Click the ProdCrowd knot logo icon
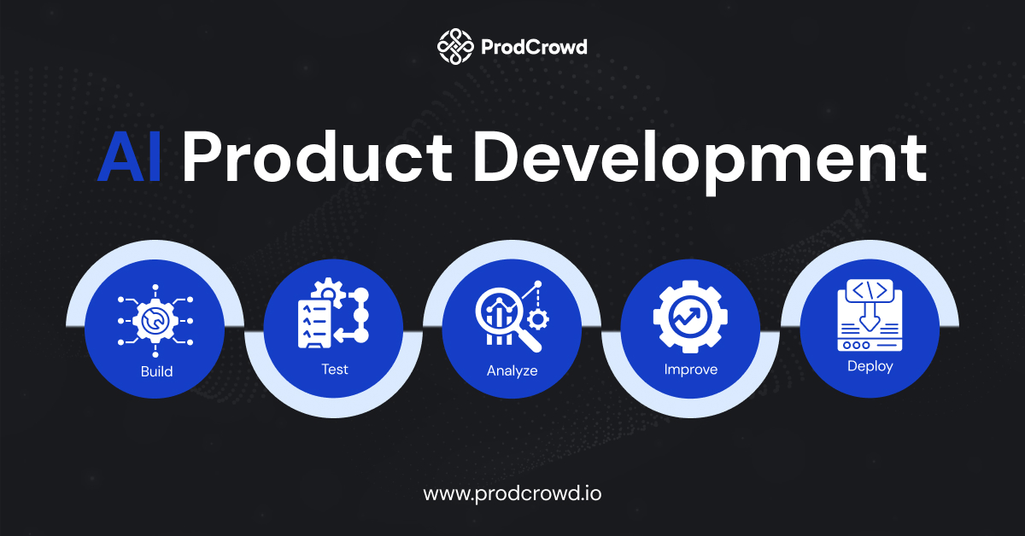(454, 46)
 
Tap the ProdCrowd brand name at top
(534, 47)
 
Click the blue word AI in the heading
(130, 157)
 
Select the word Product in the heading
(318, 157)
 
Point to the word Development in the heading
(700, 161)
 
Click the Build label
(156, 371)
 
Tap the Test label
(335, 369)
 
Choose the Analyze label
(512, 370)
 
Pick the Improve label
(690, 370)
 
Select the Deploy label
(870, 366)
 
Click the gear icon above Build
(155, 321)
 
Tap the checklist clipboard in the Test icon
(314, 323)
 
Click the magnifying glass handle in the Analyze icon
(530, 341)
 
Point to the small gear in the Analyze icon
(537, 319)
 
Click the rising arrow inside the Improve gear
(689, 317)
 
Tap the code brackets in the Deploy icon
(870, 290)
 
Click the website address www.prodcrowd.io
(512, 494)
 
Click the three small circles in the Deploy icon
(856, 346)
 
